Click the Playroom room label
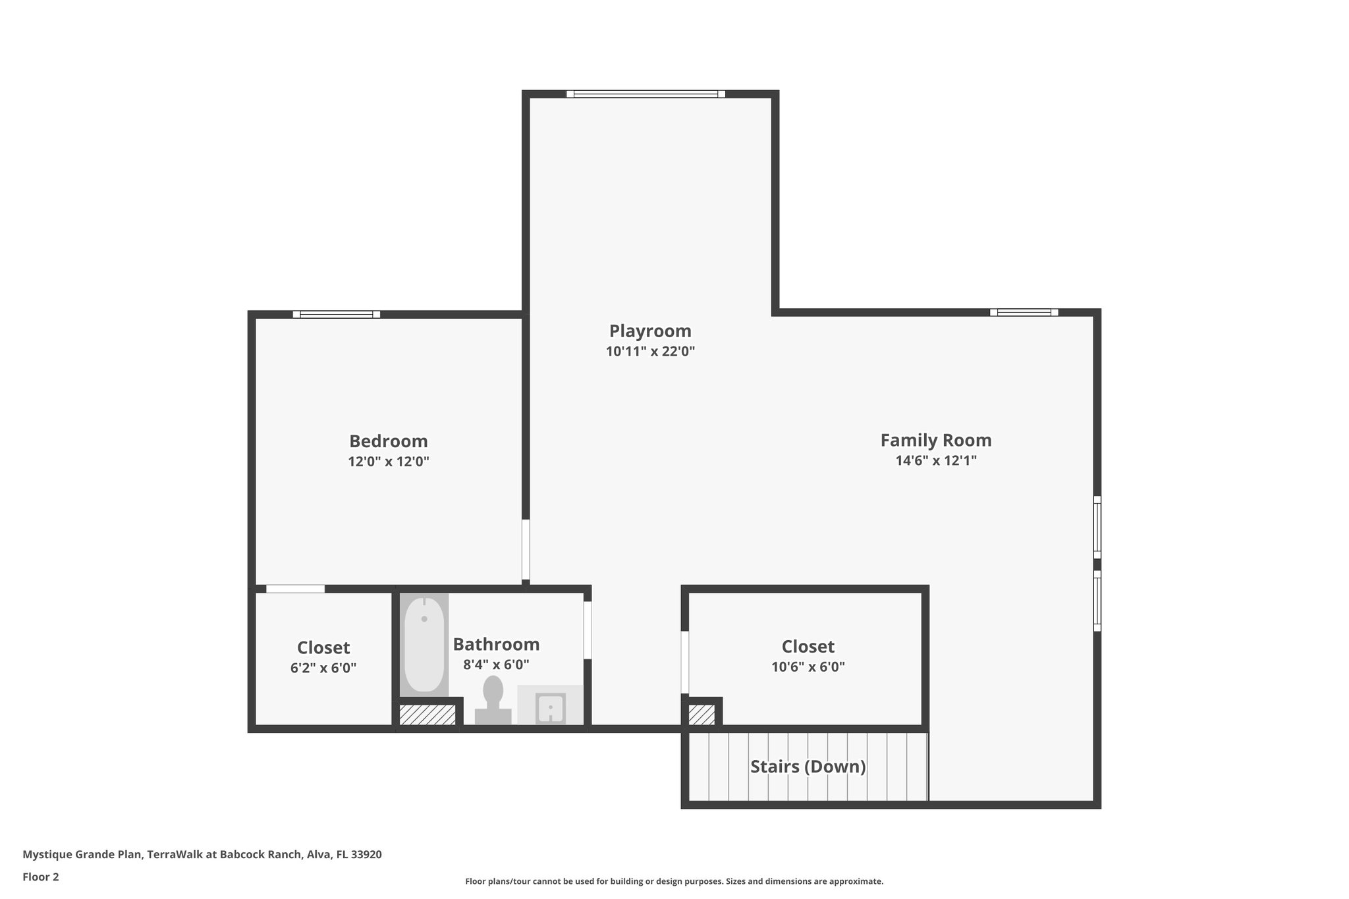650,331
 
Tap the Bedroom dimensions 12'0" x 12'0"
389,462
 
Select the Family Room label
935,440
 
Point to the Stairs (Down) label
808,767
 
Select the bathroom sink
550,708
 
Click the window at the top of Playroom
646,94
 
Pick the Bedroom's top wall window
337,314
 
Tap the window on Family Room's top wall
1024,312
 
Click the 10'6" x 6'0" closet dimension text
808,667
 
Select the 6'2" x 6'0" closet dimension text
323,668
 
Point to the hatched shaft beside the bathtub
427,715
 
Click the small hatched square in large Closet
701,715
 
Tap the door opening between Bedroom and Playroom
526,550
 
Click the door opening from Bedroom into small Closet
295,589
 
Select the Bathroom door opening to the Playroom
587,630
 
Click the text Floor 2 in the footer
41,877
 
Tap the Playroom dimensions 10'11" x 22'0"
650,352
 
